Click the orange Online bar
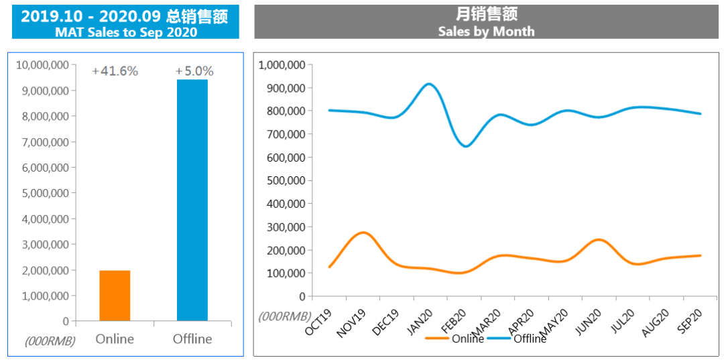[115, 296]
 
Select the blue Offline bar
[192, 200]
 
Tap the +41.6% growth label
[115, 71]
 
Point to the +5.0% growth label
[194, 71]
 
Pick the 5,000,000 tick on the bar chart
[46, 193]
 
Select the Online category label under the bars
[115, 339]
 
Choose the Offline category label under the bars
[192, 339]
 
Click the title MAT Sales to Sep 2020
[126, 32]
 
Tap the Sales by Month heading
[486, 31]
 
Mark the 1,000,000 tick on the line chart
[282, 65]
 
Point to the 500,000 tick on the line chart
[286, 180]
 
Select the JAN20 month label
[422, 322]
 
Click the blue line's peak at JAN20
[428, 84]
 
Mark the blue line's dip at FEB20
[466, 146]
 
